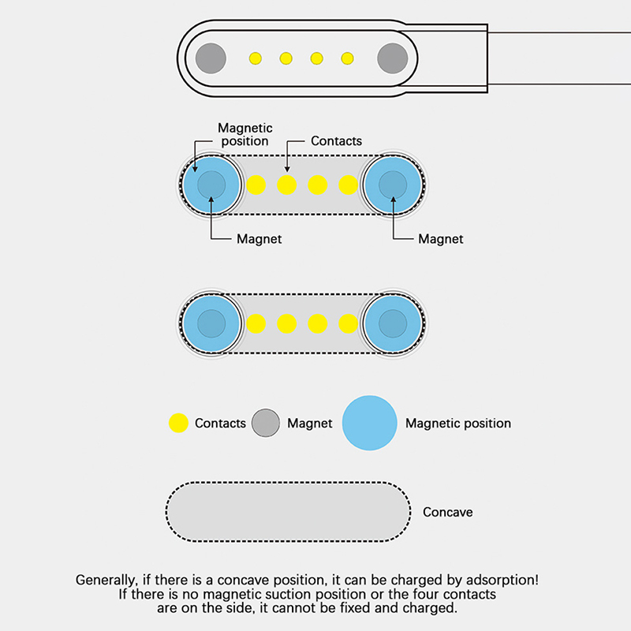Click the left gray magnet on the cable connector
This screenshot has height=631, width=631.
(x=211, y=58)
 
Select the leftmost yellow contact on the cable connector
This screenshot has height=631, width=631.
(x=255, y=58)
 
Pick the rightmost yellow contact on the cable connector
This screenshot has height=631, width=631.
(x=347, y=58)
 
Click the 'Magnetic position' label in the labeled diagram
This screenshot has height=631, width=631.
(x=245, y=134)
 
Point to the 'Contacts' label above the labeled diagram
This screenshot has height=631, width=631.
(x=336, y=141)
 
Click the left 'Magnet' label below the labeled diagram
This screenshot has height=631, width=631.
(x=259, y=239)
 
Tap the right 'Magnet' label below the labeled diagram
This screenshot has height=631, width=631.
(x=440, y=239)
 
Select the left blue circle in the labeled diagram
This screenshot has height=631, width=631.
(x=211, y=185)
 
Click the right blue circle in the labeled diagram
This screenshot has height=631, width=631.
(x=393, y=185)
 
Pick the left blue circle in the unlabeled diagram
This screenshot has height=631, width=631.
(x=211, y=323)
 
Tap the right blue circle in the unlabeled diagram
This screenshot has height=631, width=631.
(x=393, y=323)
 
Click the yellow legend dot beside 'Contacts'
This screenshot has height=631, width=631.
(x=179, y=424)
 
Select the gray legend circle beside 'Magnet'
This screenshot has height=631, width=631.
(x=266, y=424)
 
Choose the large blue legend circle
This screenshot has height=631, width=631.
(x=369, y=423)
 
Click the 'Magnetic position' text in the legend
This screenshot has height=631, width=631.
(x=457, y=424)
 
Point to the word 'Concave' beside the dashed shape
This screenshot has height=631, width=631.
(x=447, y=512)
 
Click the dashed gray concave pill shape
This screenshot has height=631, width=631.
(x=288, y=512)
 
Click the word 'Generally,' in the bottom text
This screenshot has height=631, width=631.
(x=106, y=579)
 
